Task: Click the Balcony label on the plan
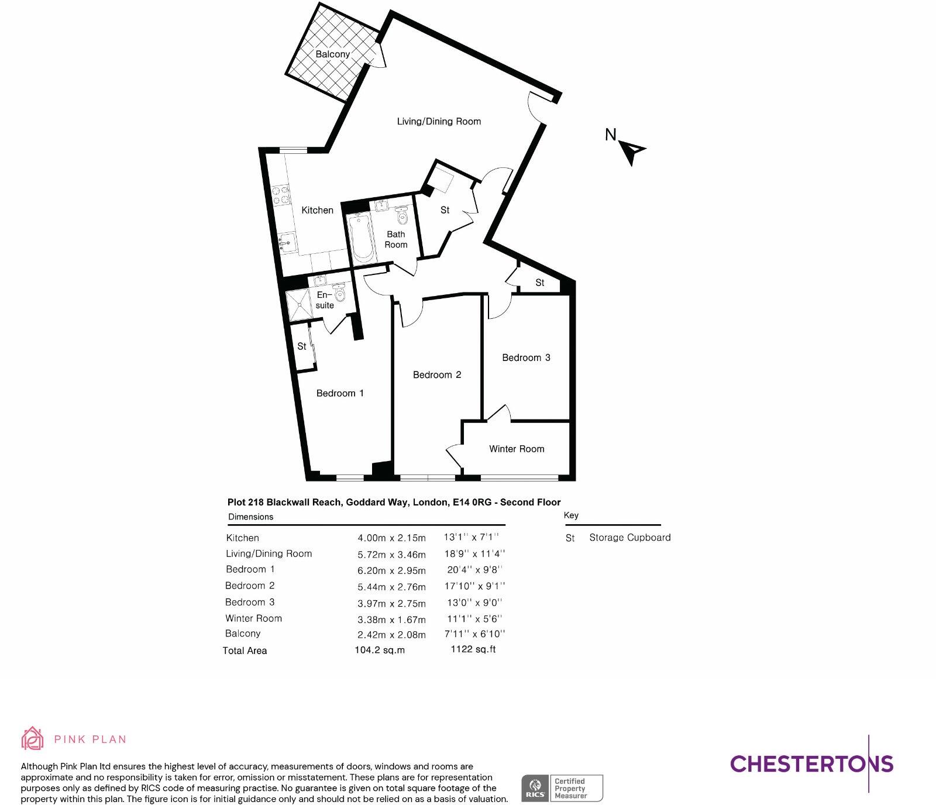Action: tap(332, 54)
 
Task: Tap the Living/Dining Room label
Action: tap(439, 121)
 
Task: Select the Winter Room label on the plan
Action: tap(517, 449)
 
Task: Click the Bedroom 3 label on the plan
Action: tap(526, 357)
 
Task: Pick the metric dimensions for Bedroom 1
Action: tap(391, 570)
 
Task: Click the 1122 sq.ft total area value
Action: tap(473, 649)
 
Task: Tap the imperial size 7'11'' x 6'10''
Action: tap(474, 634)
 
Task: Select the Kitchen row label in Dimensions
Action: tap(242, 538)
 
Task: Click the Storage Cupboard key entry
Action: tap(629, 537)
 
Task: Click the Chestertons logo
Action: tap(811, 763)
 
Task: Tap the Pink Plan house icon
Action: tap(32, 738)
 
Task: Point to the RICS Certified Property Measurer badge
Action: tap(562, 788)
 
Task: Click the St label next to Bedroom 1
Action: tap(302, 346)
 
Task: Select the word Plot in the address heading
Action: tap(236, 502)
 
